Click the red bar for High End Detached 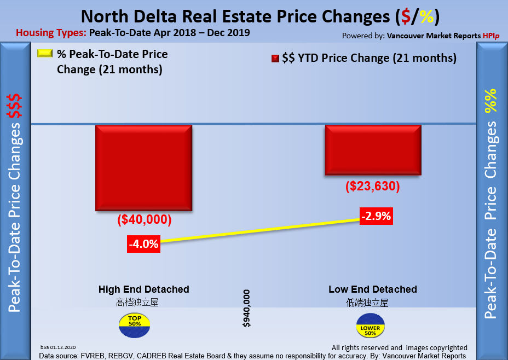pyautogui.click(x=143, y=167)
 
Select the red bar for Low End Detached pyautogui.click(x=373, y=149)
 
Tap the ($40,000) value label pyautogui.click(x=145, y=220)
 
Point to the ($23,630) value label pyautogui.click(x=373, y=187)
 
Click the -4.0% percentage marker pyautogui.click(x=143, y=244)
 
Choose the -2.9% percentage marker pyautogui.click(x=376, y=216)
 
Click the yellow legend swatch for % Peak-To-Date pyautogui.click(x=45, y=54)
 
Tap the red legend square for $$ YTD pyautogui.click(x=275, y=59)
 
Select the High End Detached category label pyautogui.click(x=144, y=289)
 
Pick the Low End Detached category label pyautogui.click(x=373, y=289)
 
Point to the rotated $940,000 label pyautogui.click(x=247, y=309)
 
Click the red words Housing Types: pyautogui.click(x=51, y=33)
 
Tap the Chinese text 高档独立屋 pyautogui.click(x=137, y=302)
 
